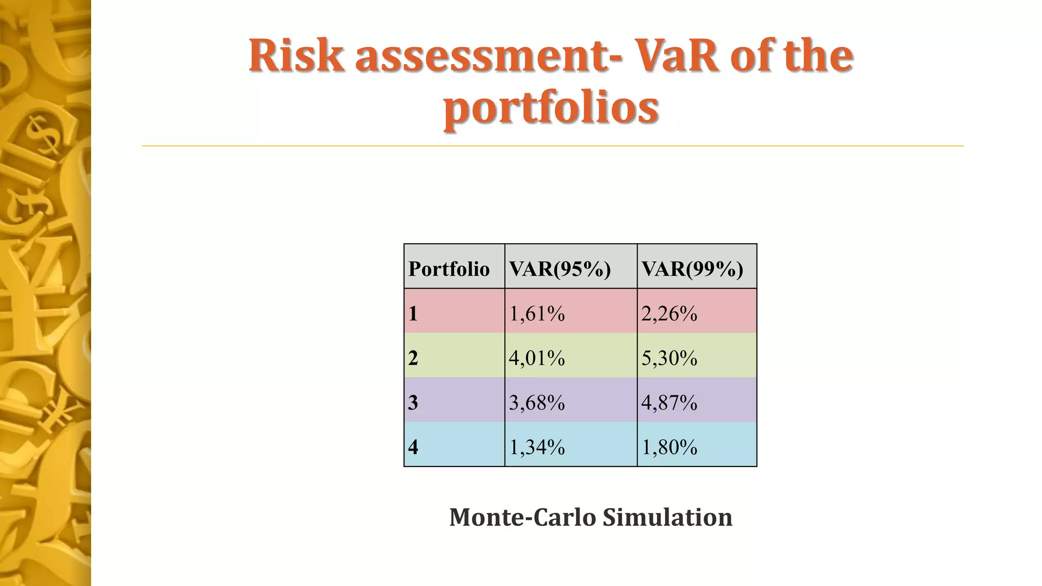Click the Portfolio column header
(x=449, y=269)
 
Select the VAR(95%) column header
(x=560, y=269)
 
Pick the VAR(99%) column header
(x=692, y=269)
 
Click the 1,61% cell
(x=537, y=313)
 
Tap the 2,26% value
(x=669, y=313)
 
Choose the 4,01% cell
(x=537, y=358)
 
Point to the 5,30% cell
(x=669, y=358)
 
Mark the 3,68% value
(x=537, y=402)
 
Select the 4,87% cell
(x=669, y=402)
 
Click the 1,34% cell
(x=537, y=447)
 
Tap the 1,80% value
(x=669, y=447)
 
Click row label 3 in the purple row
(x=413, y=402)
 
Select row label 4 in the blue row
(x=413, y=447)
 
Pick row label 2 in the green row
(x=413, y=358)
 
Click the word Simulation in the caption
(x=668, y=517)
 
